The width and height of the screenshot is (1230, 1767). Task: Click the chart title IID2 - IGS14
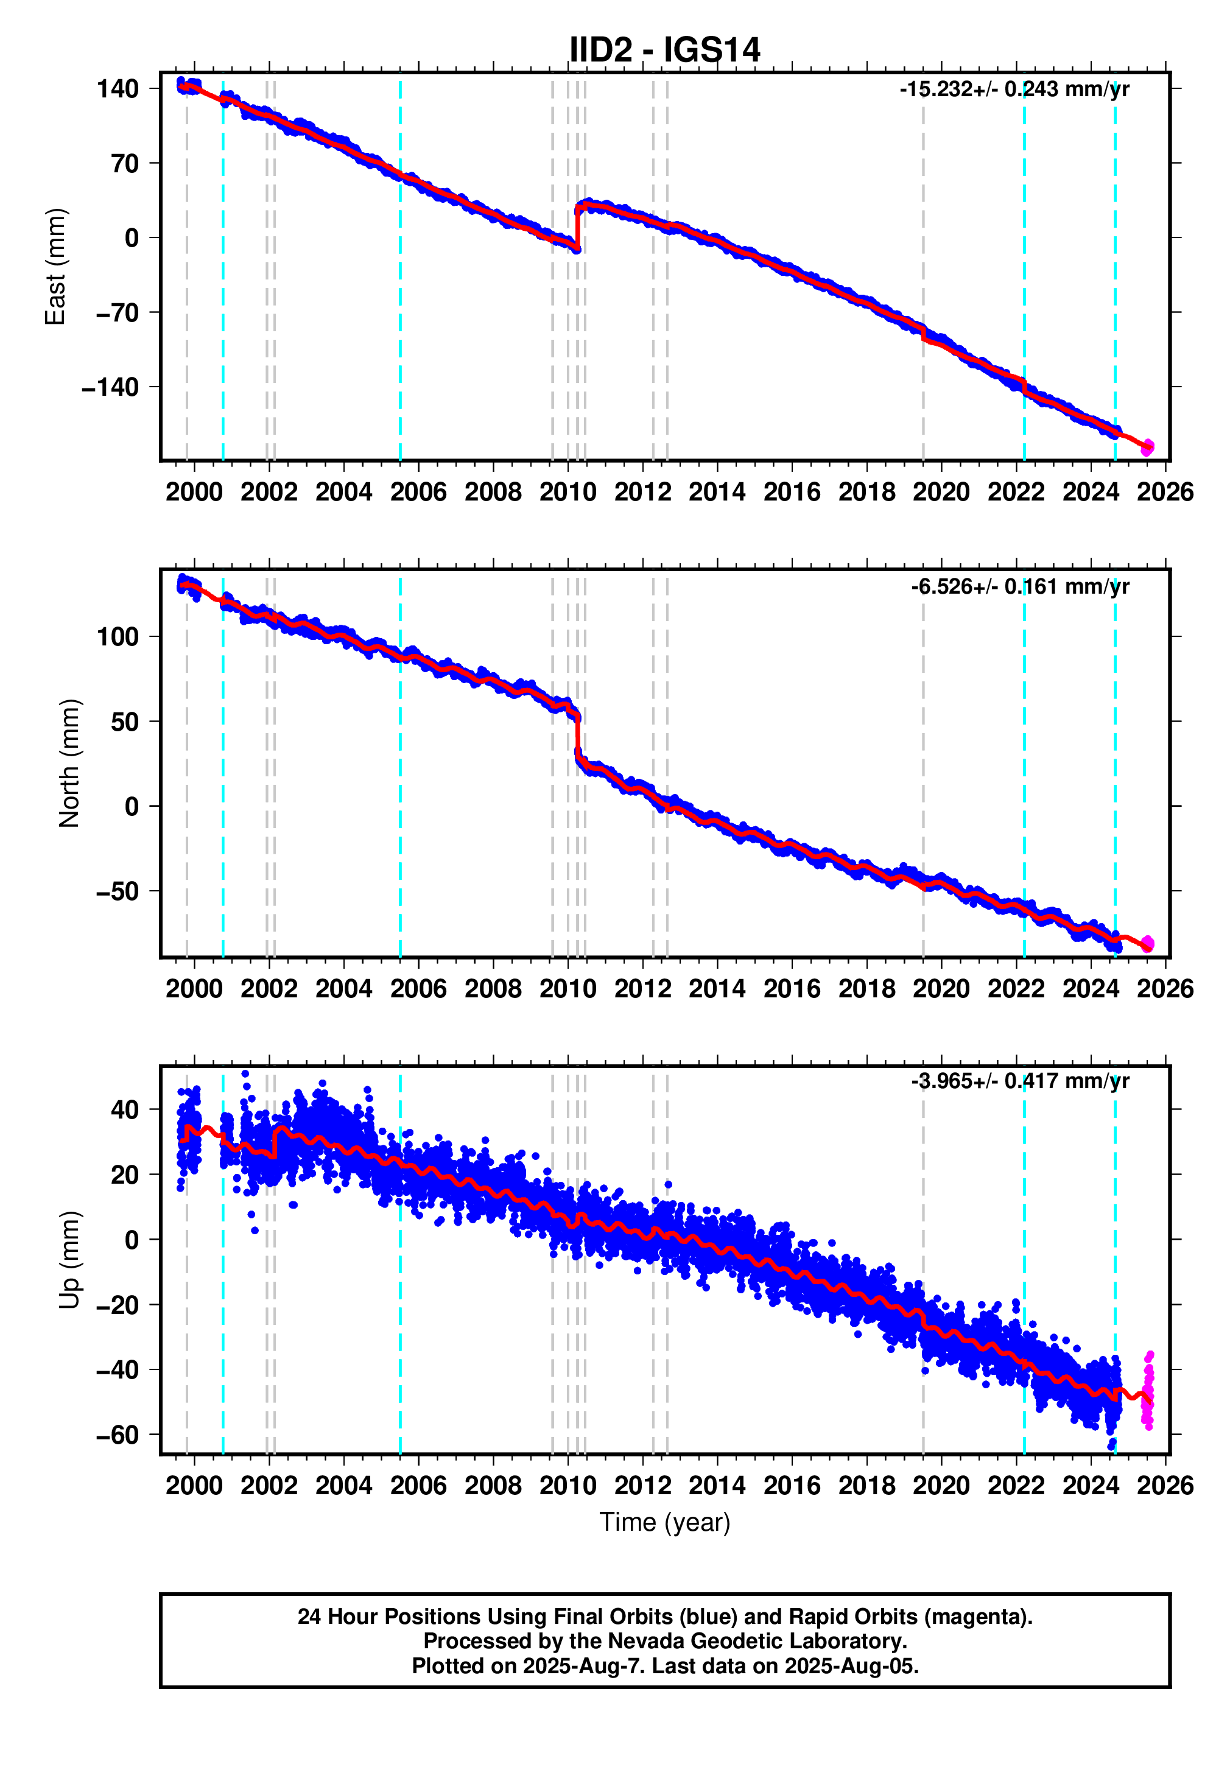(x=664, y=50)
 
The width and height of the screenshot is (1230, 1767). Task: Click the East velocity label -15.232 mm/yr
(x=1013, y=90)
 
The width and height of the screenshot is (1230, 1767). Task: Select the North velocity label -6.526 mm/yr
(x=1019, y=586)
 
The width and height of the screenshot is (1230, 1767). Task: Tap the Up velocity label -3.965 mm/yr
(x=1019, y=1081)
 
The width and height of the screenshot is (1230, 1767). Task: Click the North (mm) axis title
(x=69, y=763)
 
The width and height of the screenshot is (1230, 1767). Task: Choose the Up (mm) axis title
(x=69, y=1259)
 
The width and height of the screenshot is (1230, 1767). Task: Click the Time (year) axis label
(x=664, y=1522)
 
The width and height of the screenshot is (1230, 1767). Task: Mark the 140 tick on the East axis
(x=117, y=88)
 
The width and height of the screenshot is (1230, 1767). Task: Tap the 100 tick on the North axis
(x=117, y=636)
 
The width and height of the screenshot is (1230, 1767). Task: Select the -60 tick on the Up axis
(x=117, y=1435)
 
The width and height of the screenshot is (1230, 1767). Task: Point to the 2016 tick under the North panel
(x=791, y=988)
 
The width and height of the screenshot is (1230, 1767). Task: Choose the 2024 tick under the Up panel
(x=1090, y=1484)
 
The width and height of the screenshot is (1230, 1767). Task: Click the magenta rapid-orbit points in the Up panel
(x=1148, y=1393)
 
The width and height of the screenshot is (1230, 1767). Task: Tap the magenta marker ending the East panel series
(x=1147, y=446)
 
